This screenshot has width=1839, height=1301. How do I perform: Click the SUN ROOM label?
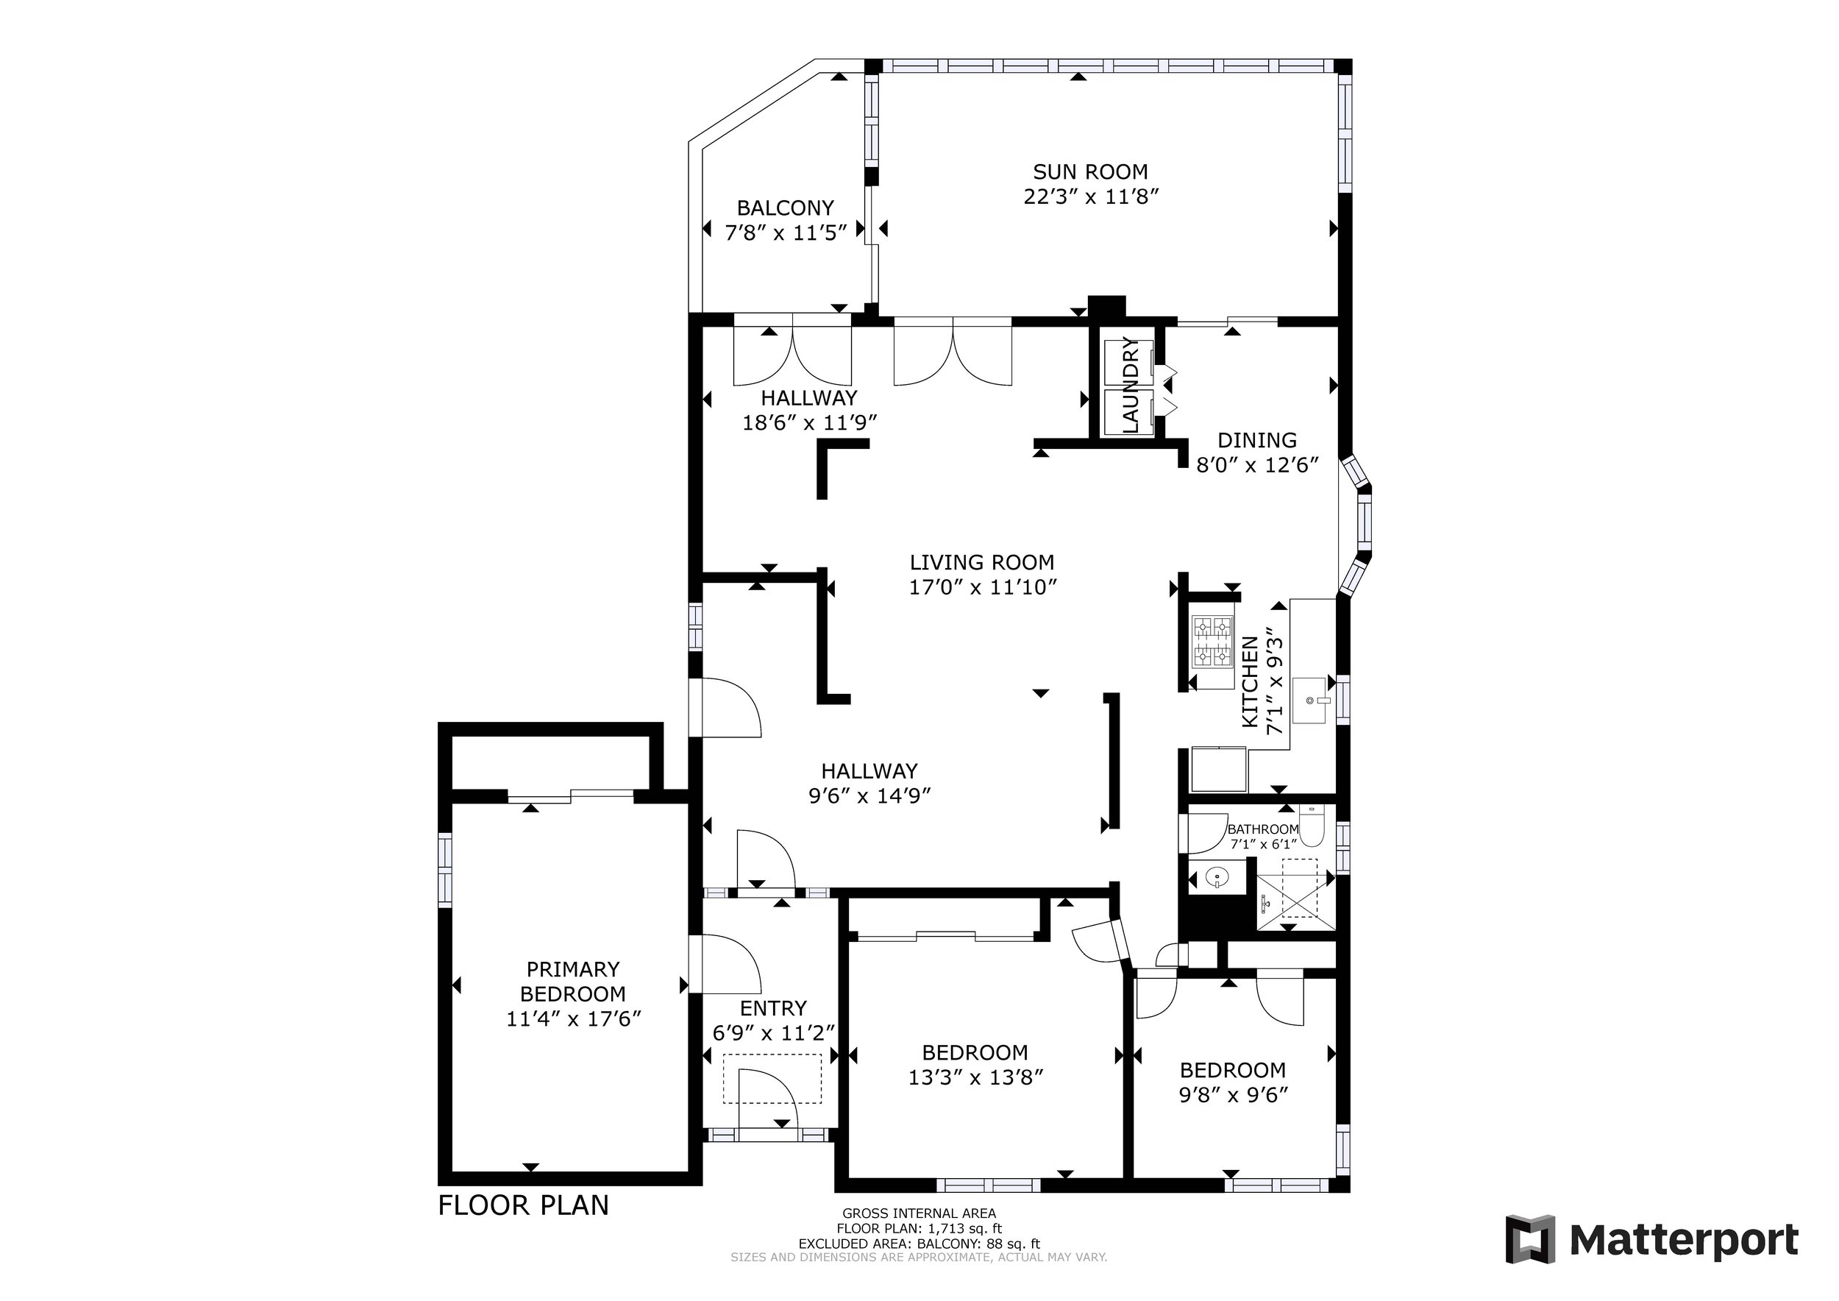1090,171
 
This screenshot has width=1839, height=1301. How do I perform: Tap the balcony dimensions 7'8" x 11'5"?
786,233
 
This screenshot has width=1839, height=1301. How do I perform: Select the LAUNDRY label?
1130,386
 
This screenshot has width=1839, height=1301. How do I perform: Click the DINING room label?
1256,440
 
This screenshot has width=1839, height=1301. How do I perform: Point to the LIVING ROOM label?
982,562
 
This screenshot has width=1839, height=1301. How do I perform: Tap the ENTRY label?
773,1008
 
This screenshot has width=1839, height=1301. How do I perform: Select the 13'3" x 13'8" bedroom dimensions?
975,1077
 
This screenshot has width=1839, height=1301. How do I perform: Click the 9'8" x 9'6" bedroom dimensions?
1233,1094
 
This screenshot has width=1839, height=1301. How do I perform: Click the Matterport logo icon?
1531,1240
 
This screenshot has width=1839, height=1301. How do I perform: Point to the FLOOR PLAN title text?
523,1205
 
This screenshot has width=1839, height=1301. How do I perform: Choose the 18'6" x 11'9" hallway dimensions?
810,423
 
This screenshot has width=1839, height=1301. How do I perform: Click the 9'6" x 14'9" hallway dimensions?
869,796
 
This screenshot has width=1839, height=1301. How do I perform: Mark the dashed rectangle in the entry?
772,1079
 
